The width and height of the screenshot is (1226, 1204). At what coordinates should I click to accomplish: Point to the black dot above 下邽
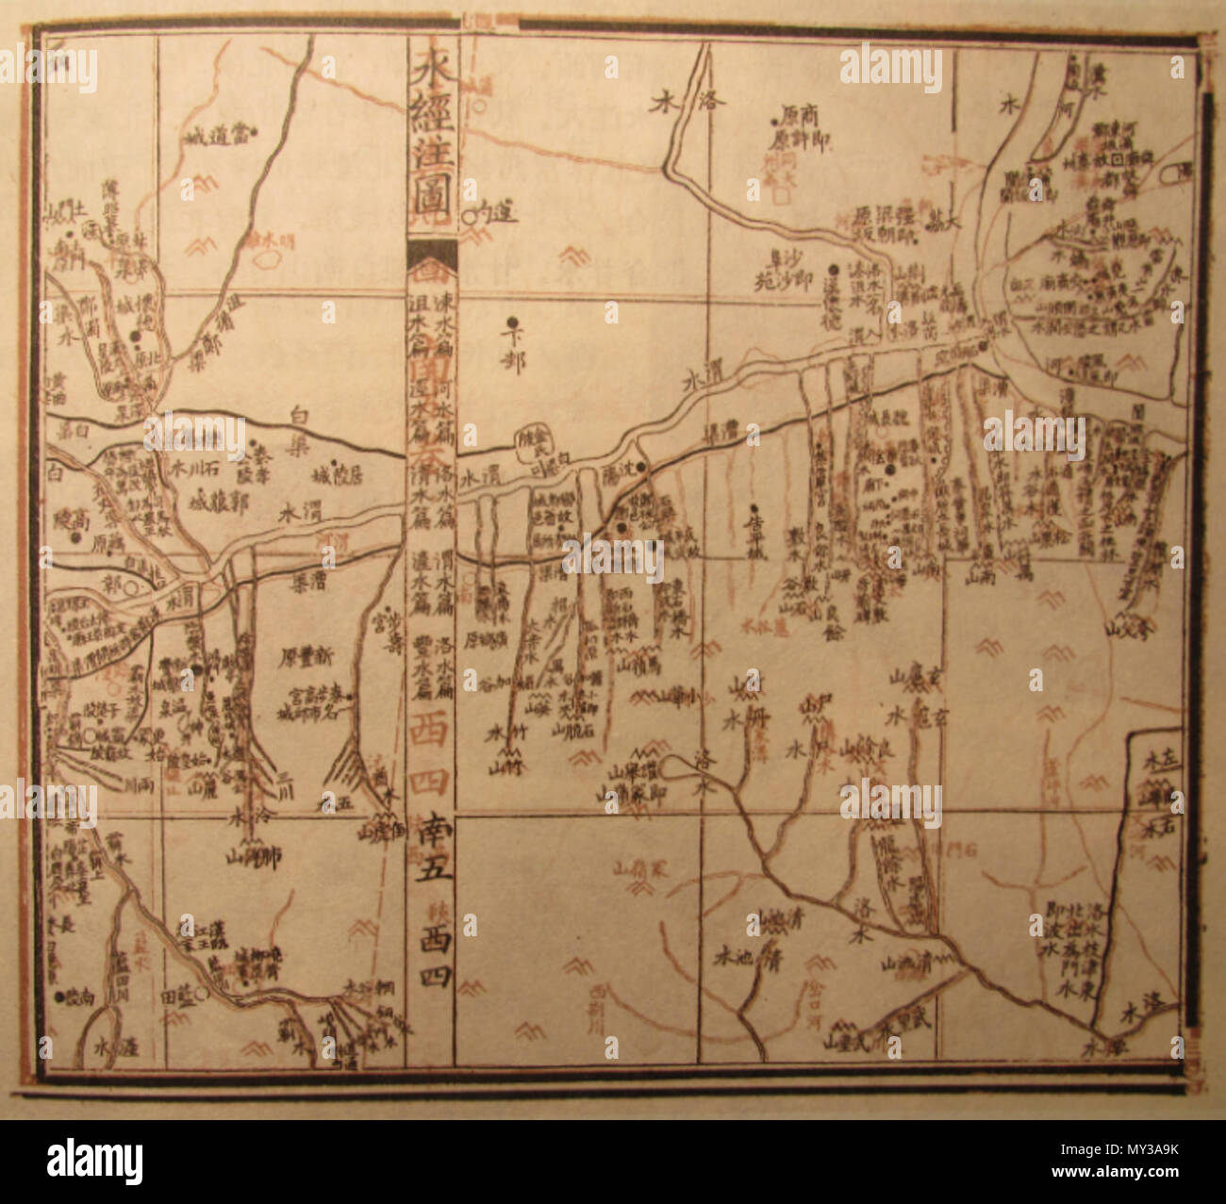pos(512,321)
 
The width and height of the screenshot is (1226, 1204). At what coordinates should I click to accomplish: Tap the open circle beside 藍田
pos(212,993)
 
